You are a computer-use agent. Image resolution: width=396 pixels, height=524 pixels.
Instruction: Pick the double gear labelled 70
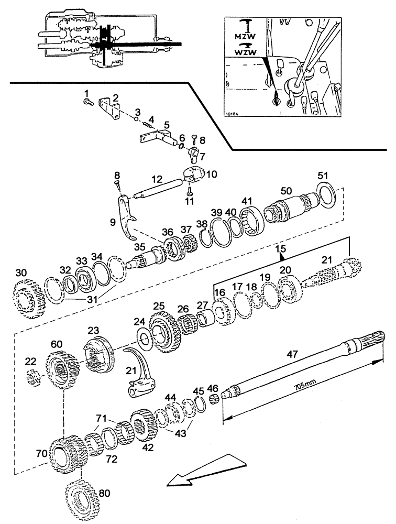65,452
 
